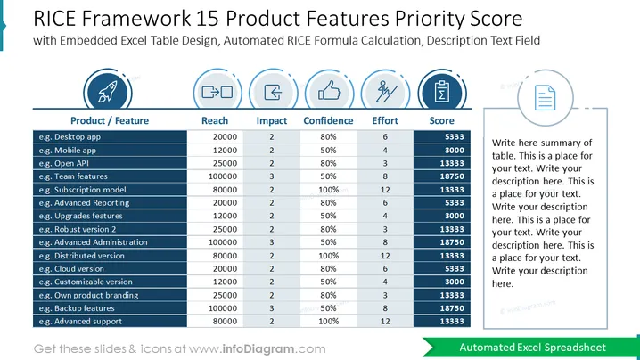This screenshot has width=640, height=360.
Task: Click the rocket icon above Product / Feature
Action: (x=107, y=92)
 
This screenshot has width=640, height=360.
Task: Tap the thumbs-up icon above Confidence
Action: (x=329, y=90)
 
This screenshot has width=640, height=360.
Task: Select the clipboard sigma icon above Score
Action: (x=441, y=91)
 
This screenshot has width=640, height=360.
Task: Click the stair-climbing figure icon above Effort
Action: (x=386, y=91)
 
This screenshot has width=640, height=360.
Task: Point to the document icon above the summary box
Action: (x=545, y=97)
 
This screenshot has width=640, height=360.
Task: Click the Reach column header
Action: (x=215, y=121)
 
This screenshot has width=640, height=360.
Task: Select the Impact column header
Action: (x=272, y=121)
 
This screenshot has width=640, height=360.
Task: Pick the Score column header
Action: (x=441, y=121)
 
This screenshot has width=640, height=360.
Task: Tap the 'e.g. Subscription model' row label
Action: (x=82, y=190)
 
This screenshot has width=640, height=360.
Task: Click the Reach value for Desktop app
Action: (x=225, y=137)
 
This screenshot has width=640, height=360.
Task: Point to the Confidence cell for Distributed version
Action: (x=329, y=256)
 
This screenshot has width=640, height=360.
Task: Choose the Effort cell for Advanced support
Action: (x=385, y=322)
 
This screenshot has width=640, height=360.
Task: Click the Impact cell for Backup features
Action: (x=272, y=308)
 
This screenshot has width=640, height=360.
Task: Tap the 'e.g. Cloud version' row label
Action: (x=71, y=269)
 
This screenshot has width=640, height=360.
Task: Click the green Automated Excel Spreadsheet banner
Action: (x=531, y=348)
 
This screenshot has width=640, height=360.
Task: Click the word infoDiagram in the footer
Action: (x=258, y=349)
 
